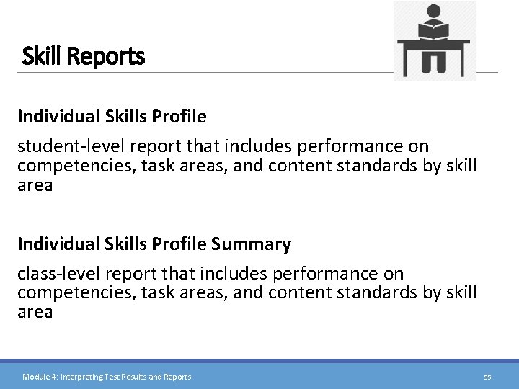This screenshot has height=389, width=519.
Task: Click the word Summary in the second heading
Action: pyautogui.click(x=252, y=244)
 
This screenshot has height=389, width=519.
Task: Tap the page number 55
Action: pyautogui.click(x=487, y=377)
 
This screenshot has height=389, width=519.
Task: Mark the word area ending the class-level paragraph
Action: pyautogui.click(x=35, y=311)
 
